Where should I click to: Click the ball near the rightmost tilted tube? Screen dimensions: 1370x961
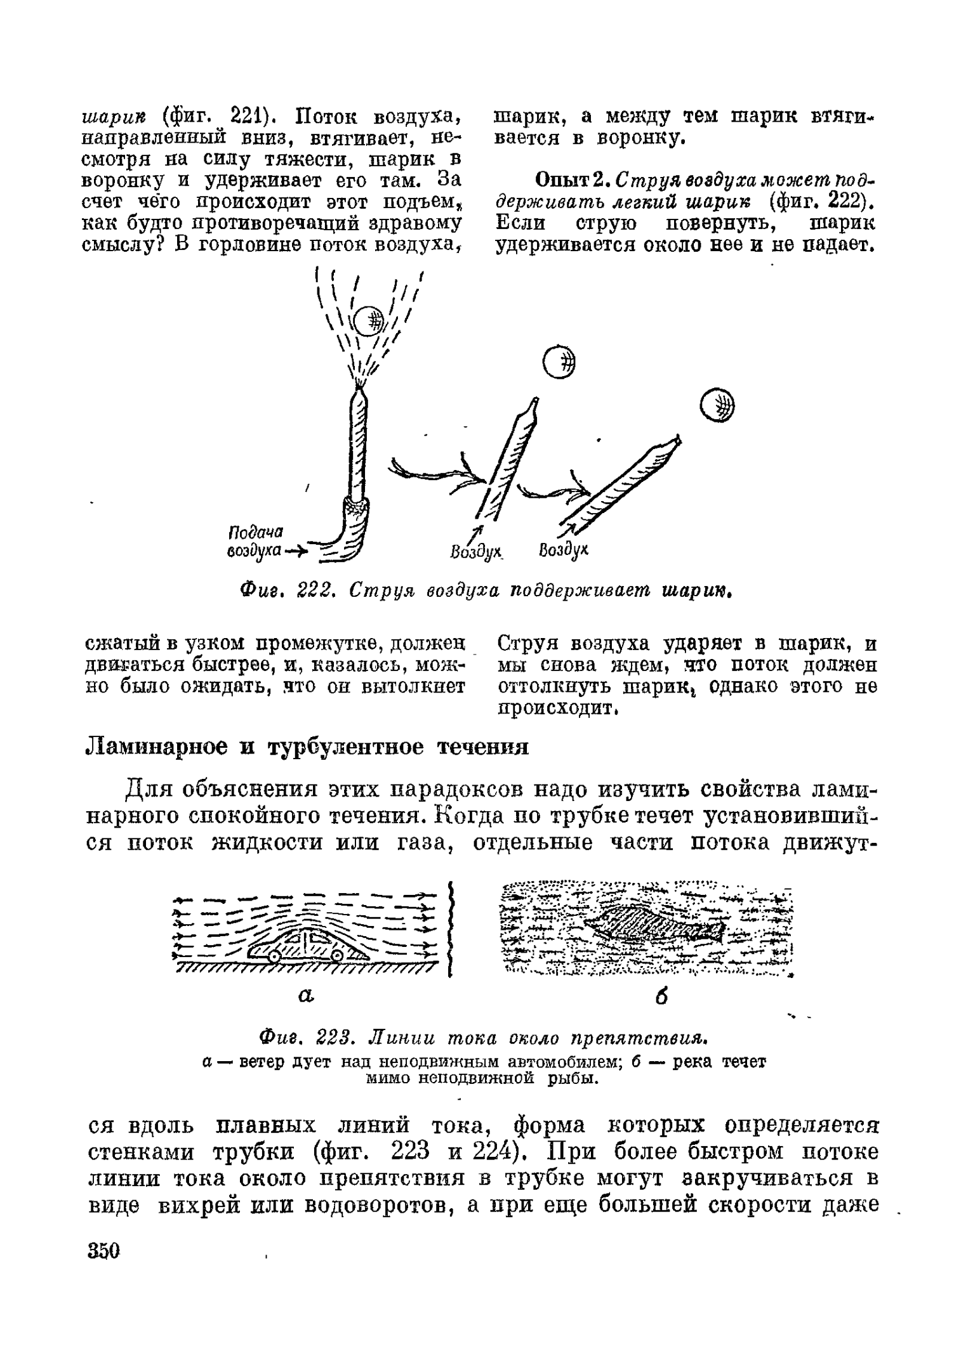717,405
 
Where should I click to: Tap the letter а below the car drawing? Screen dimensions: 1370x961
307,996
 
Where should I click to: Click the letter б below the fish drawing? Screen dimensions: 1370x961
662,997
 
